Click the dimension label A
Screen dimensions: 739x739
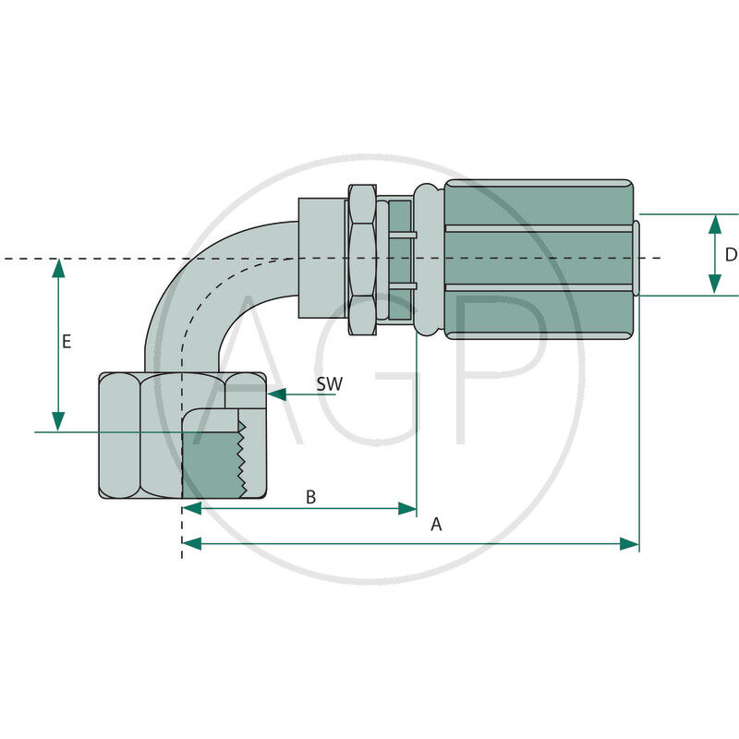pos(436,524)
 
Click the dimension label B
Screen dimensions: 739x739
pos(310,497)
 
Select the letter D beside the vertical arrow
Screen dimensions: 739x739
pos(731,255)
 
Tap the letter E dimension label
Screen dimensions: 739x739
pos(67,341)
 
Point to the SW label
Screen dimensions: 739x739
pos(330,384)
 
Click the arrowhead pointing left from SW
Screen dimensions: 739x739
pos(276,394)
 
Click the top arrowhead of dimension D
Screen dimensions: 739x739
pos(715,224)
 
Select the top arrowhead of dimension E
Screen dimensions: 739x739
pos(58,268)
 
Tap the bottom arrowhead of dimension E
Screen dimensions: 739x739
pos(58,422)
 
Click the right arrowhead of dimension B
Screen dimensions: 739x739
pos(407,509)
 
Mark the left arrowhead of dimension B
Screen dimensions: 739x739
pos(192,509)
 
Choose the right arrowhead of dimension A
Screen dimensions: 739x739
pos(629,544)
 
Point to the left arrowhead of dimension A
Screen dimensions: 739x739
pos(192,544)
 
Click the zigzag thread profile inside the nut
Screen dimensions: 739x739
pos(242,459)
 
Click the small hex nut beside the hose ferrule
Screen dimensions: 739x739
pos(362,260)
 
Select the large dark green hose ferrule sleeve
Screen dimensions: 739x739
pos(539,260)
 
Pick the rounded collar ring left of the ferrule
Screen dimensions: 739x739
pos(428,260)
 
